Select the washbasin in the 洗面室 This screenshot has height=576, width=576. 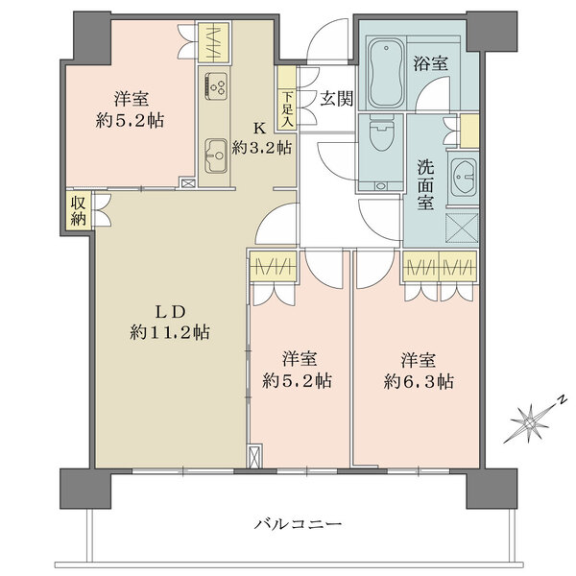[x=464, y=177]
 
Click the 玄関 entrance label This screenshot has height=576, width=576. [x=335, y=96]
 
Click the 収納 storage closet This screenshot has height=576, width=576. [x=78, y=209]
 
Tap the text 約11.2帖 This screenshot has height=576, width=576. [x=171, y=332]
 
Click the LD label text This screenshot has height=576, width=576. [x=171, y=309]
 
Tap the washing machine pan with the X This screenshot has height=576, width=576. [x=462, y=228]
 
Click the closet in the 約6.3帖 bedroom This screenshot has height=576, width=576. [x=440, y=266]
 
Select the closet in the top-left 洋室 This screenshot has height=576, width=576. [x=213, y=43]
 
